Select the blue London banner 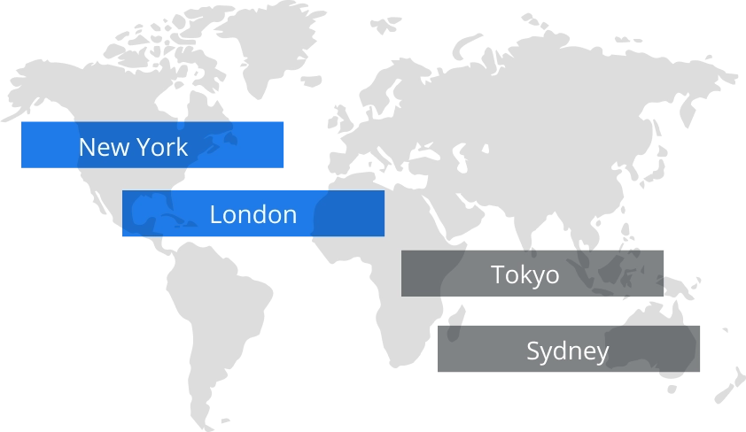(x=253, y=214)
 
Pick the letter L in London (x=215, y=214)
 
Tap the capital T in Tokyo (x=498, y=274)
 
